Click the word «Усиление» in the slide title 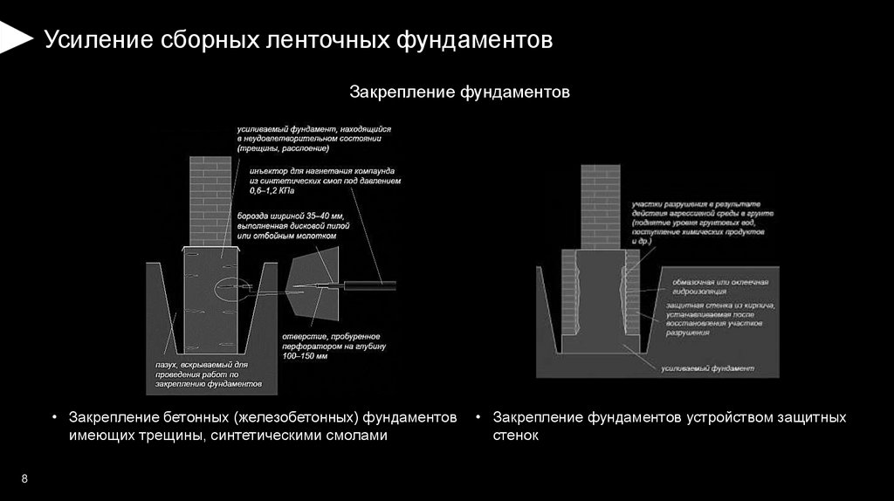[99, 40]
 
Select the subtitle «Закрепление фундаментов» [460, 91]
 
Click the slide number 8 [24, 479]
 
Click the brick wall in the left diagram [210, 200]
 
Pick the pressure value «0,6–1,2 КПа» [272, 189]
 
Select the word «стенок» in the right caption [516, 435]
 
